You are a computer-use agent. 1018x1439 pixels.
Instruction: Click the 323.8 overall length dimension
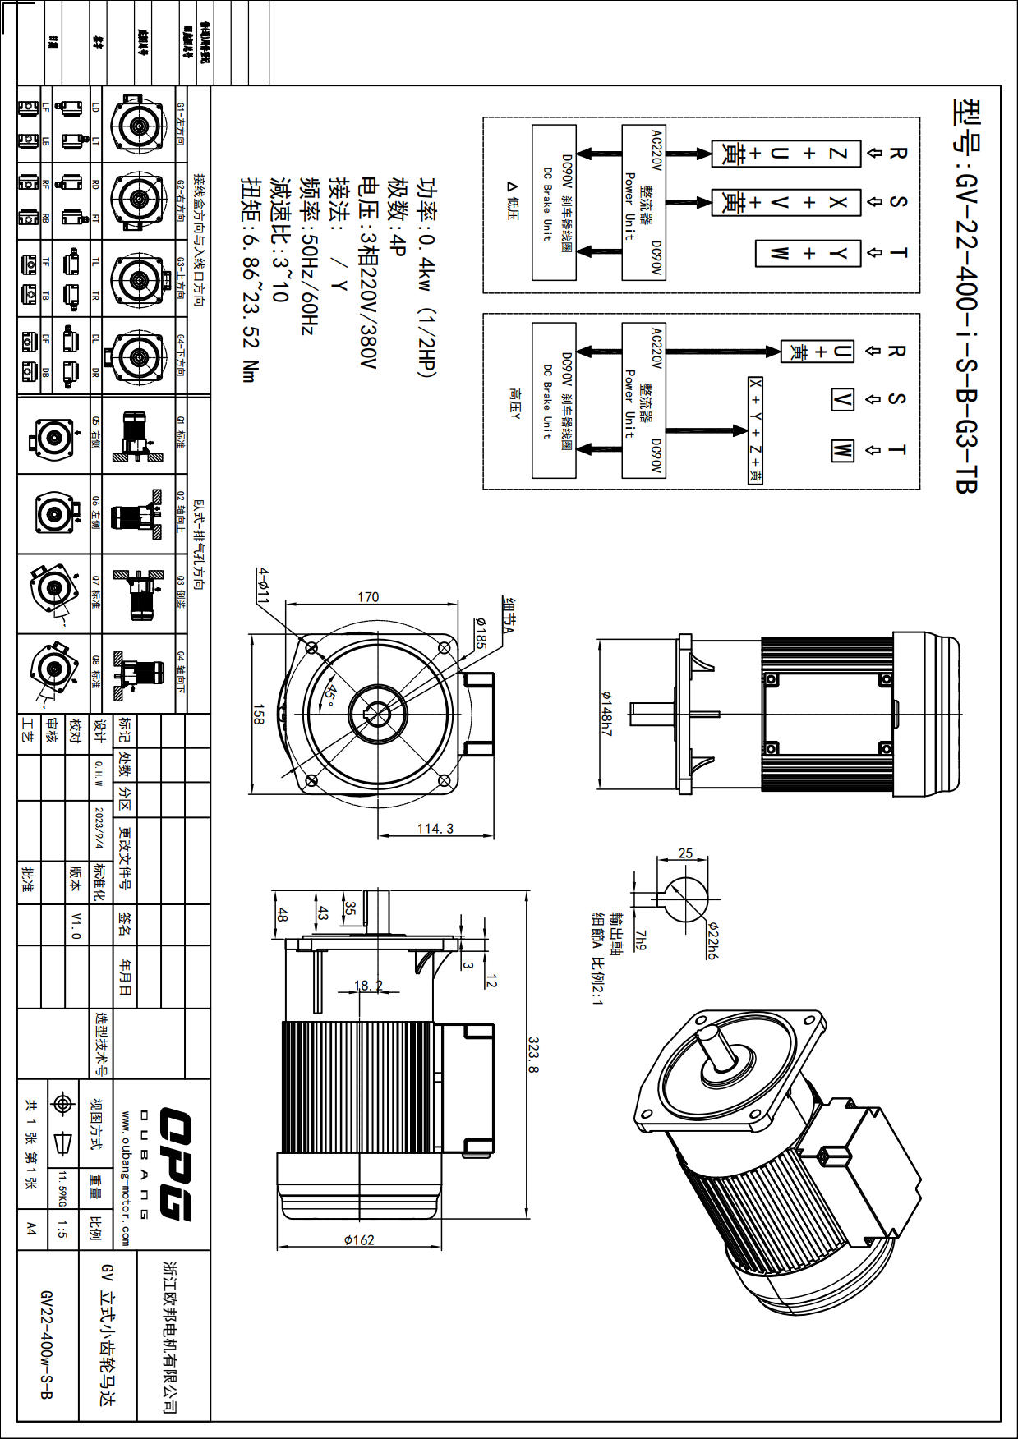point(533,1055)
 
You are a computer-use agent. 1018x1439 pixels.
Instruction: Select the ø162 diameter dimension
point(359,1239)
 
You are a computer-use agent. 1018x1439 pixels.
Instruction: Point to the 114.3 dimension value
point(435,829)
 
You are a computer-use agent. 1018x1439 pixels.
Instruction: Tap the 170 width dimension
point(368,597)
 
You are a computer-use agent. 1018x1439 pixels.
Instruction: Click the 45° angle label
point(329,697)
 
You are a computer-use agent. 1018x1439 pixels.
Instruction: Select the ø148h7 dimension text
point(606,713)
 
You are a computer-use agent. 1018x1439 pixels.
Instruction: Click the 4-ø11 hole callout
point(263,585)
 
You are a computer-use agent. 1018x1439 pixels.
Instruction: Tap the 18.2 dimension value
point(367,986)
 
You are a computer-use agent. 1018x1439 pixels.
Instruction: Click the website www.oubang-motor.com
point(126,1179)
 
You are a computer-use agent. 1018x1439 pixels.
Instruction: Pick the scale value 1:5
point(62,1229)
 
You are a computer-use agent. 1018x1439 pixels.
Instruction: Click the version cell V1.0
point(76,925)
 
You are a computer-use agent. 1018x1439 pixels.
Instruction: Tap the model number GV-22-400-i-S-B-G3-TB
point(966,296)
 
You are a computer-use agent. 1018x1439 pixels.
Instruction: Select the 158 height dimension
point(258,713)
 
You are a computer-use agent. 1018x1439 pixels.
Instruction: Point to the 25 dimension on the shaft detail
point(685,853)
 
